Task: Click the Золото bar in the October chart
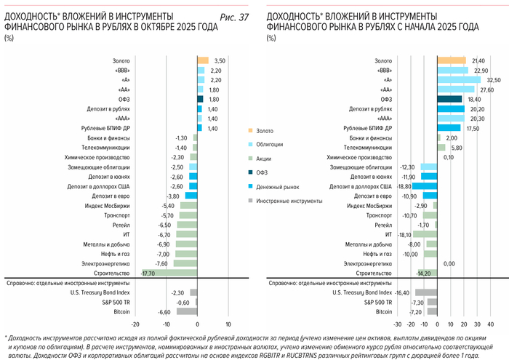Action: (203, 60)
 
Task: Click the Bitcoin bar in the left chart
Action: (187, 311)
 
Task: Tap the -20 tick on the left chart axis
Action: (135, 324)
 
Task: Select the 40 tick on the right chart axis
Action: (491, 324)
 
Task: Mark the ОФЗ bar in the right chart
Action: (449, 98)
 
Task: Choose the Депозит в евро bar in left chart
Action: (191, 196)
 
